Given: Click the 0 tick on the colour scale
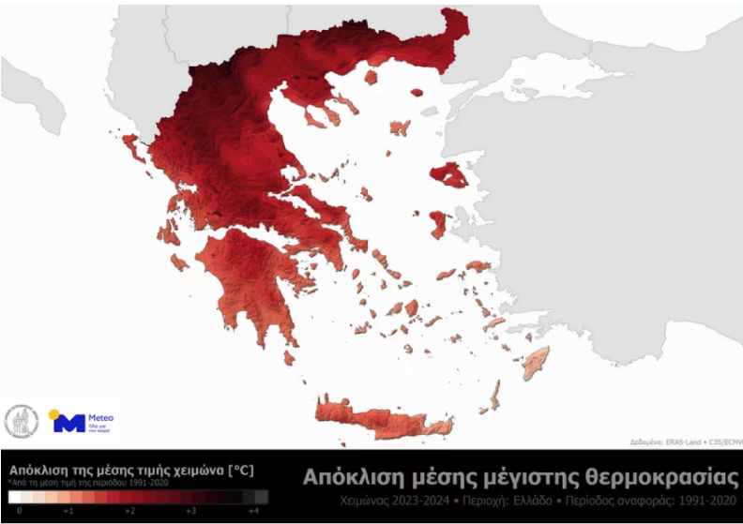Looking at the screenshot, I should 19,512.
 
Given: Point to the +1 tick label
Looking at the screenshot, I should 68,512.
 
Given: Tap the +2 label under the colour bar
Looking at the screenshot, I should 129,512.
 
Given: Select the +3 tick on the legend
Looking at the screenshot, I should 190,512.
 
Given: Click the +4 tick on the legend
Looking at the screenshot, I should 252,512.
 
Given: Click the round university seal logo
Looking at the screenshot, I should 22,423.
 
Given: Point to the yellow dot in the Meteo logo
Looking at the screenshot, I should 54,414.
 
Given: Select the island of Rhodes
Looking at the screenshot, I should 536,360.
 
